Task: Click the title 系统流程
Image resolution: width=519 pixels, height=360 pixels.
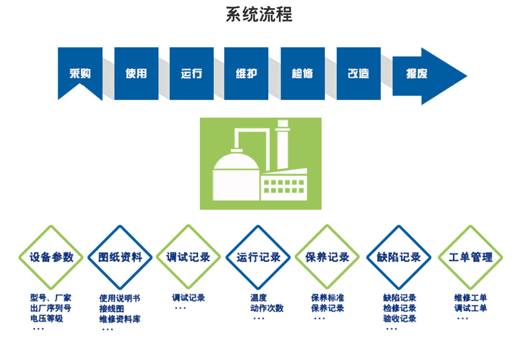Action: tap(259, 14)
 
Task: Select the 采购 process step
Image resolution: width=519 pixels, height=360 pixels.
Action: tap(80, 73)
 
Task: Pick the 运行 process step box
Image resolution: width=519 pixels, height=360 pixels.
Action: tap(192, 73)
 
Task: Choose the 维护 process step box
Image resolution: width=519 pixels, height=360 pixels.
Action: tap(246, 73)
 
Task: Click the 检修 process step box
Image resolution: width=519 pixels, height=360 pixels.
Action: tap(302, 73)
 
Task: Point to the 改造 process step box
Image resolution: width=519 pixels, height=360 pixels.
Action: tap(358, 73)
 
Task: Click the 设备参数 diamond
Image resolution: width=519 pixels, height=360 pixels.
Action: tap(51, 257)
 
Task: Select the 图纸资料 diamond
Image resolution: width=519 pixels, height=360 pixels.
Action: tap(121, 257)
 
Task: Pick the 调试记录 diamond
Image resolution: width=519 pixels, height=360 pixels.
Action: tap(189, 257)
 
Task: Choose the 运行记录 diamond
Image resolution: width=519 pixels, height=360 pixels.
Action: tap(258, 257)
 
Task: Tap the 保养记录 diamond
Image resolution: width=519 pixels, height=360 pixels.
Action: tap(327, 257)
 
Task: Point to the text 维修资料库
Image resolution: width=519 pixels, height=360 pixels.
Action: tap(120, 319)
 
